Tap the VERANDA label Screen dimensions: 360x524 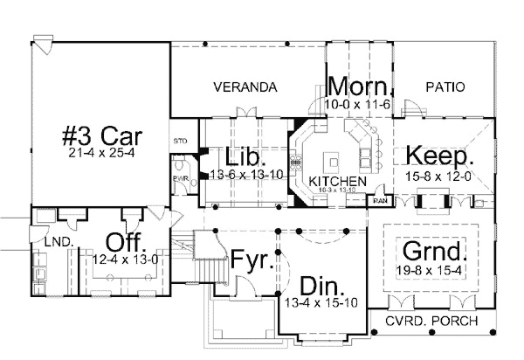click(245, 87)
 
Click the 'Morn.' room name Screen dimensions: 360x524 click(362, 87)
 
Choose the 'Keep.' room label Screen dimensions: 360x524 click(440, 157)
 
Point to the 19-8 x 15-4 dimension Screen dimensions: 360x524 click(429, 268)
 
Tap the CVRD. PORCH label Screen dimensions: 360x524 click(432, 321)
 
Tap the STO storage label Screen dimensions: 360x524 click(181, 139)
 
